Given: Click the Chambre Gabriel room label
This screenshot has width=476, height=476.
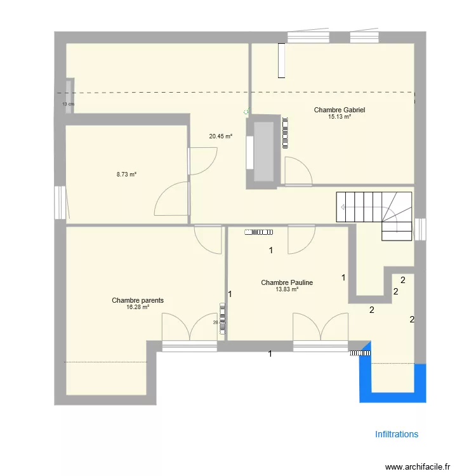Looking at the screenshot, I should [x=339, y=110].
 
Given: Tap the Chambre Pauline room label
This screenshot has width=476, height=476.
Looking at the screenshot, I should [x=287, y=283].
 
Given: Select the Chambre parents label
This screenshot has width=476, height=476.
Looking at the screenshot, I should [x=138, y=300].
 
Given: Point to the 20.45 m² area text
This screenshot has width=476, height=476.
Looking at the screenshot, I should [x=220, y=136].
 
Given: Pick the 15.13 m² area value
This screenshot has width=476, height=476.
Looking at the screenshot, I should [x=339, y=117].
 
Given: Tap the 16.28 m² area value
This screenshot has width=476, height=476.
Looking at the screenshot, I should [x=138, y=307].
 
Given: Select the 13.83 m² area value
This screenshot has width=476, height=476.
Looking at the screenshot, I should [x=287, y=289].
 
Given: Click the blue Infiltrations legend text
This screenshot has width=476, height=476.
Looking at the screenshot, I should [x=397, y=435].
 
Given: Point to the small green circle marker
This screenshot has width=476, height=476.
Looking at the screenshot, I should [x=246, y=112].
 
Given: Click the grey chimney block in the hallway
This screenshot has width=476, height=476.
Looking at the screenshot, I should [x=263, y=152].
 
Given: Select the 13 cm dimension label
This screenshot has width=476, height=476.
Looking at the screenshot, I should [x=68, y=104].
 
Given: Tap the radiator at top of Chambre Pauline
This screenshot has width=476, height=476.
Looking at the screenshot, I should [x=257, y=232].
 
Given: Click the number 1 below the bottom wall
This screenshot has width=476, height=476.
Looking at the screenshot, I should [x=270, y=354].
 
